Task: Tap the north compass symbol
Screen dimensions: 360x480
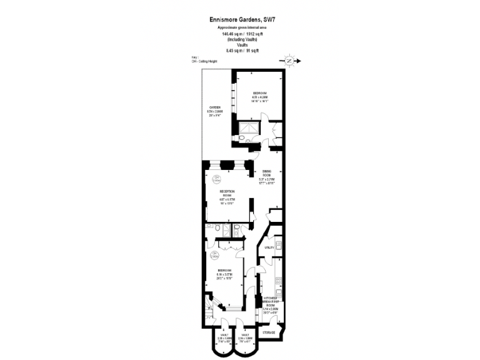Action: [x=289, y=61]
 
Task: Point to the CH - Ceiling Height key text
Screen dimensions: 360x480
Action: [x=206, y=61]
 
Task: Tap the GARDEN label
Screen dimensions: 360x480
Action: [x=214, y=107]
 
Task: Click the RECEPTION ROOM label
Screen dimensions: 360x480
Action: [x=226, y=193]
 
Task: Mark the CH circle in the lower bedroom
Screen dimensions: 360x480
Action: [x=214, y=254]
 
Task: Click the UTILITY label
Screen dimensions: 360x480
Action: [x=269, y=248]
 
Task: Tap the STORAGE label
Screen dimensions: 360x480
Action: [x=268, y=332]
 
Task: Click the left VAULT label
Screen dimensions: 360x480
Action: [x=223, y=336]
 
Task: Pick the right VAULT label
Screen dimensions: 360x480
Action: [x=245, y=336]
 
